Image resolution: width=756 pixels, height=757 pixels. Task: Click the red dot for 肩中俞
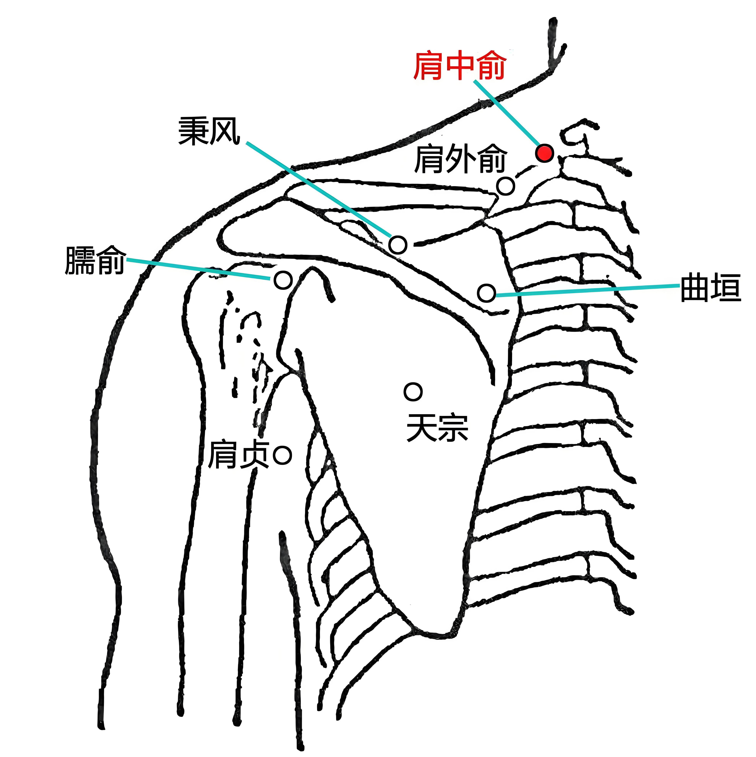(x=544, y=153)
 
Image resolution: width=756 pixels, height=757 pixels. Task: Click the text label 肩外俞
(x=461, y=159)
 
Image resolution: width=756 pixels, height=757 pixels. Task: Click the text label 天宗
(x=438, y=428)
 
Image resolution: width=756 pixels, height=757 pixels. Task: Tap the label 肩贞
(x=239, y=455)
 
